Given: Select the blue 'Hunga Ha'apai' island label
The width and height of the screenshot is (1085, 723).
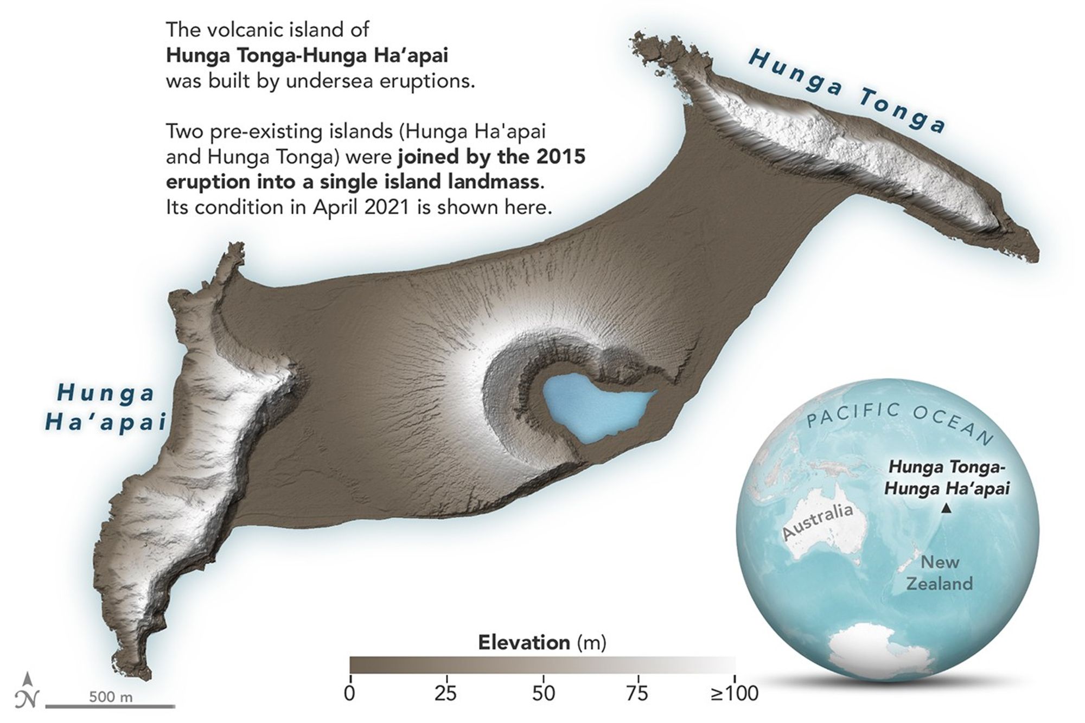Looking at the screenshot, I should (x=105, y=407).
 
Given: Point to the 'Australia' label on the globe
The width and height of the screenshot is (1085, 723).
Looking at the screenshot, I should (x=817, y=521).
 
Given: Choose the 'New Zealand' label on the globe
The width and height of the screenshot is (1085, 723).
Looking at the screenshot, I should (x=940, y=573).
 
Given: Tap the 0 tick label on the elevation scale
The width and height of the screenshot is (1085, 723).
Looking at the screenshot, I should (x=350, y=693).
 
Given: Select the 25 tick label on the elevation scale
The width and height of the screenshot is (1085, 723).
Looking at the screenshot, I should (x=445, y=693).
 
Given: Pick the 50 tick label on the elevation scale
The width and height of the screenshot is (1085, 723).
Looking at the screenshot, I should (x=543, y=693).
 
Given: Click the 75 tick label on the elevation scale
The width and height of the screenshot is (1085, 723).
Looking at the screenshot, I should (x=639, y=693).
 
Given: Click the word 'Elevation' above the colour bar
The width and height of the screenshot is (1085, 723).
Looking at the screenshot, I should (x=524, y=643).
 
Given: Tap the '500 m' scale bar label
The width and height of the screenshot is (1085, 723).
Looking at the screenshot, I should (x=111, y=696).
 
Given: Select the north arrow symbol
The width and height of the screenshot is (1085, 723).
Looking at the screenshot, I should (x=29, y=690).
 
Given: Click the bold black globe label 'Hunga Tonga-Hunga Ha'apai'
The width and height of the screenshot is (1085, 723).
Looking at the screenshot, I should (x=947, y=478).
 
